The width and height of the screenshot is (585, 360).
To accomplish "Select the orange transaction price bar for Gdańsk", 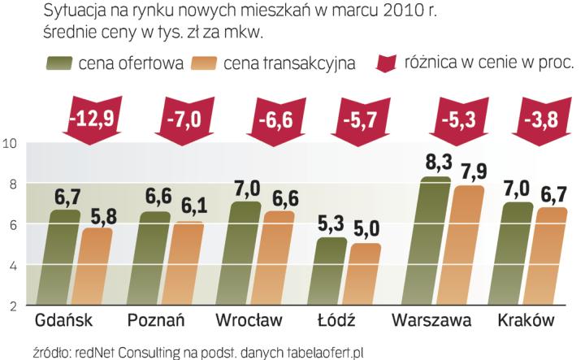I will (97, 266).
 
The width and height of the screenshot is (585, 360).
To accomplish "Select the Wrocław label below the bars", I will (251, 319).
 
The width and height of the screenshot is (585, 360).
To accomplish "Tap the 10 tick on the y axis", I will (11, 145).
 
